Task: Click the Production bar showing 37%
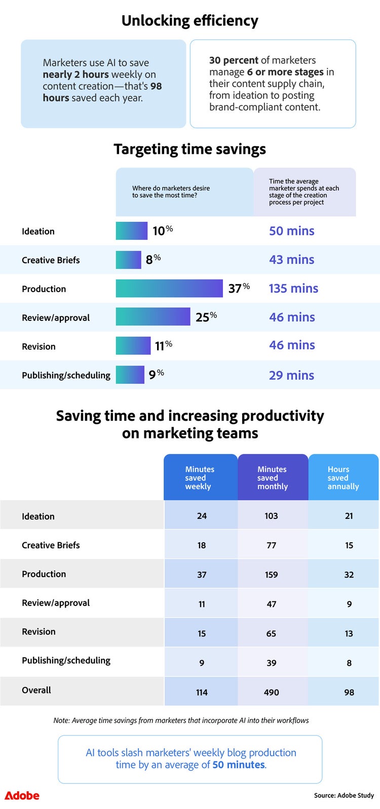(x=169, y=289)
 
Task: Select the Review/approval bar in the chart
(x=153, y=317)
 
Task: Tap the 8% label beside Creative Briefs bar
(x=153, y=259)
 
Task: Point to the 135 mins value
(x=293, y=289)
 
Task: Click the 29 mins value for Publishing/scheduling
(x=291, y=375)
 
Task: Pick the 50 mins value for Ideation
(x=292, y=231)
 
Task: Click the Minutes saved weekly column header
(x=200, y=477)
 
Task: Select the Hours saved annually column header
(x=343, y=477)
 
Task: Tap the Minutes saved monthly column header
(x=272, y=477)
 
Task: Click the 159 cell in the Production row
(x=272, y=575)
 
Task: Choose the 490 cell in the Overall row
(x=272, y=692)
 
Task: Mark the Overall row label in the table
(x=36, y=690)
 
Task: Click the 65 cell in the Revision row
(x=272, y=633)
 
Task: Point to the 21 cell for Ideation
(x=349, y=516)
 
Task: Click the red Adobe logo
(x=22, y=796)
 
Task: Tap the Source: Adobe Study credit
(x=344, y=795)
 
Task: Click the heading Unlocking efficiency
(x=190, y=21)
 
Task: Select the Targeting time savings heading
(x=190, y=149)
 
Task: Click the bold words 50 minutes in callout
(x=239, y=764)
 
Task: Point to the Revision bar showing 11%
(x=133, y=346)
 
